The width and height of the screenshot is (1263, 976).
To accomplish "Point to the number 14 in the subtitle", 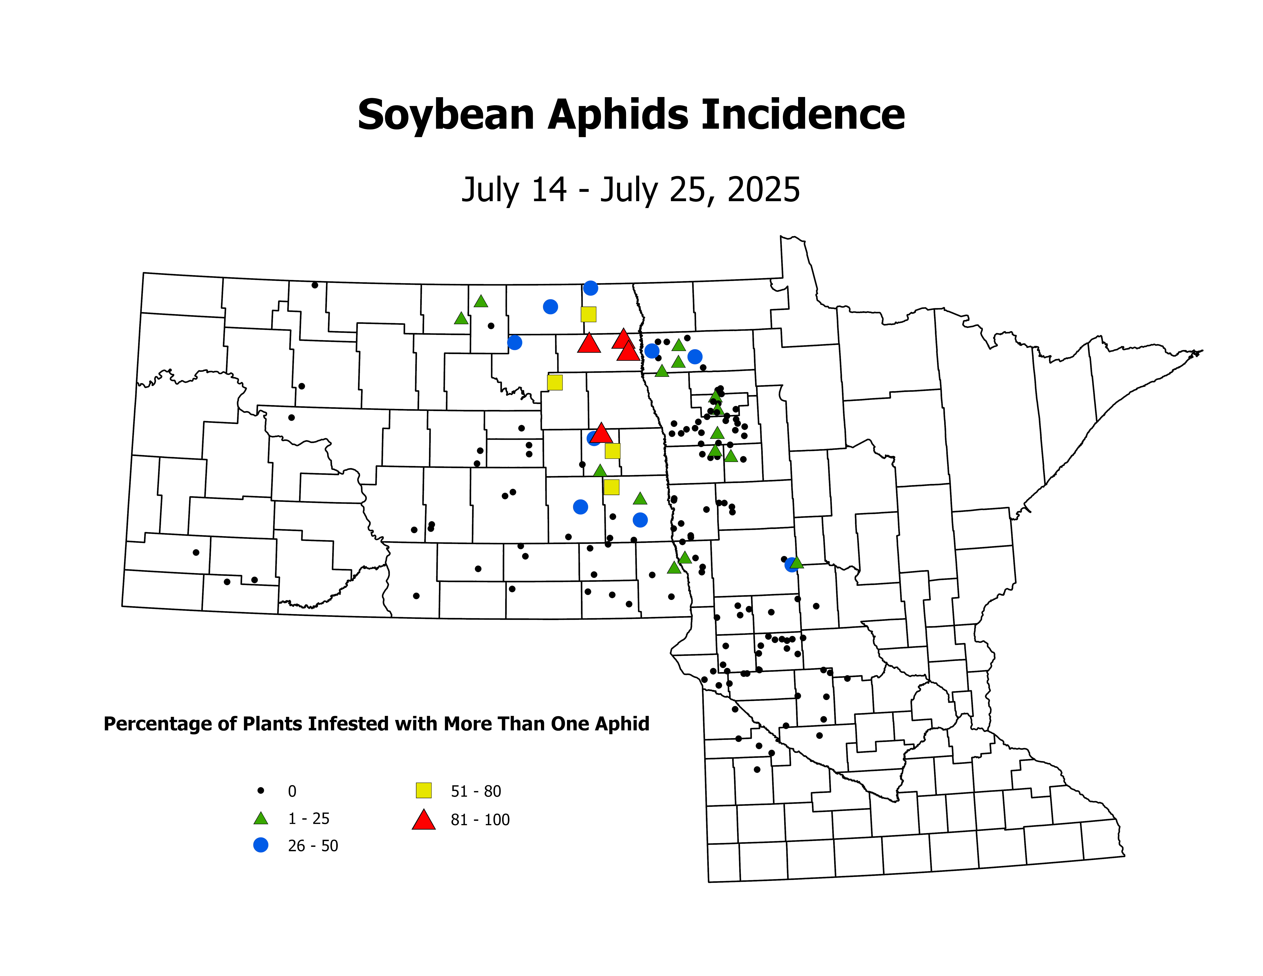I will (x=548, y=190).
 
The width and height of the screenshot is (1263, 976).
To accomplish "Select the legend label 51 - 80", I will (x=476, y=791).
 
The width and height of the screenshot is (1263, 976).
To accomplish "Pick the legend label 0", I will (x=292, y=791).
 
